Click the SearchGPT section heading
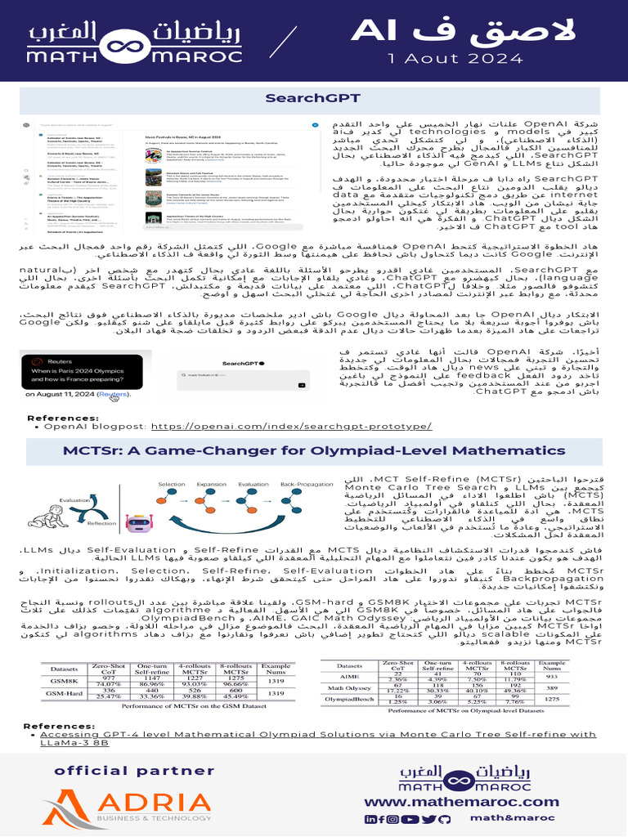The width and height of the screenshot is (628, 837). coord(313,98)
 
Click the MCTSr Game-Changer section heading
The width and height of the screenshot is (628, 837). coord(313,450)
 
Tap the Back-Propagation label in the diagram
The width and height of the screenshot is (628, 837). coord(303,485)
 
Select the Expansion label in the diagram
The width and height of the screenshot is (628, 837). coord(210,485)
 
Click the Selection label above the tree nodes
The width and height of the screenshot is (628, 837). coord(172,485)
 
